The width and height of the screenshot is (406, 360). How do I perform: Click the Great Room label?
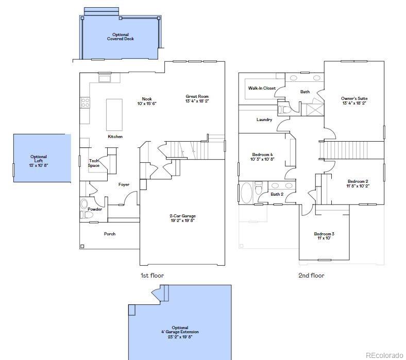pyautogui.click(x=197, y=99)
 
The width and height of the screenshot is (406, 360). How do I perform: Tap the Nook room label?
pyautogui.click(x=147, y=101)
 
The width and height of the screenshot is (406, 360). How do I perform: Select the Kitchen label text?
pyautogui.click(x=115, y=136)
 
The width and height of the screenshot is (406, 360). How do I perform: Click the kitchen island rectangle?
pyautogui.click(x=114, y=114)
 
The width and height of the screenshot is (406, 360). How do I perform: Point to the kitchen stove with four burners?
pyautogui.click(x=85, y=102)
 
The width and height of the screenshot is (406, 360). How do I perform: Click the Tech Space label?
pyautogui.click(x=94, y=163)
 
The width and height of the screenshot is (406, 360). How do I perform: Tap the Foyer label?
pyautogui.click(x=124, y=184)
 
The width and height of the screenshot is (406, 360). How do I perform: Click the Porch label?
pyautogui.click(x=110, y=234)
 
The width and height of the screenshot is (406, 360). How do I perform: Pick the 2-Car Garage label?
pyautogui.click(x=182, y=218)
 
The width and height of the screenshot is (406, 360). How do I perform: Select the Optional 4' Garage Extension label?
pyautogui.click(x=180, y=332)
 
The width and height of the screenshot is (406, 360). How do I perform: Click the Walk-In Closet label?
pyautogui.click(x=262, y=88)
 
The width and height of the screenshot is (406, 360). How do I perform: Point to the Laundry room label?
pyautogui.click(x=264, y=119)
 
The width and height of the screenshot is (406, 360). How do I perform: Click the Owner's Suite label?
pyautogui.click(x=354, y=100)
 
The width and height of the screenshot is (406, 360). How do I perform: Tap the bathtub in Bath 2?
pyautogui.click(x=247, y=193)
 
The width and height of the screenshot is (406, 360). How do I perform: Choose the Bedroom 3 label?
pyautogui.click(x=324, y=236)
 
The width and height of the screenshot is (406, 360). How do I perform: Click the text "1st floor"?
pyautogui.click(x=153, y=276)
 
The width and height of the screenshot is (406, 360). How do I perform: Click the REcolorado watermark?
pyautogui.click(x=385, y=355)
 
